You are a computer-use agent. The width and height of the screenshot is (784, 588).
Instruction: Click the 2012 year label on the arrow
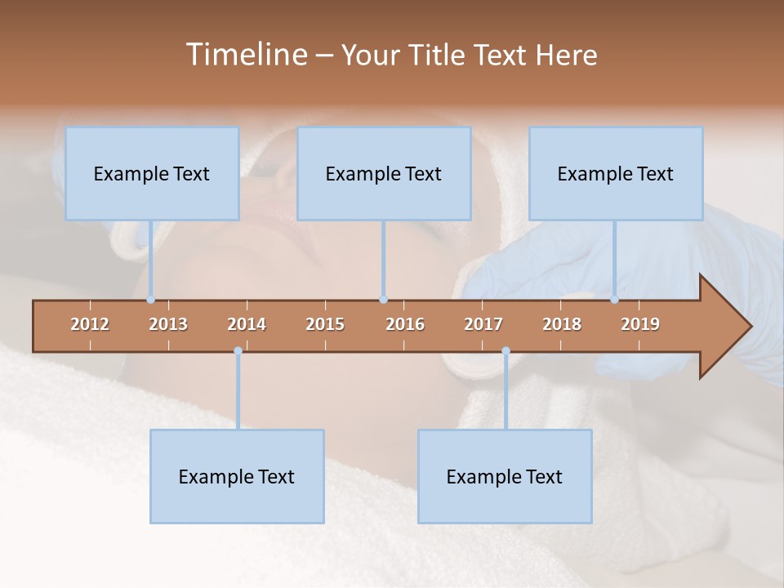click(90, 324)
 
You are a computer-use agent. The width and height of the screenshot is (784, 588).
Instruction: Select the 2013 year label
click(168, 324)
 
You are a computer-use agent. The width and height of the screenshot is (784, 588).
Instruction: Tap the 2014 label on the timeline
click(247, 324)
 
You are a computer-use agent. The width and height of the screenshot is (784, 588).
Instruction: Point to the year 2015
click(325, 324)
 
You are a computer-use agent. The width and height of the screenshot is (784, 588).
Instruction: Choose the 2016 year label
click(405, 324)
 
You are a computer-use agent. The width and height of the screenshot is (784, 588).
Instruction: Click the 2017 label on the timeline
click(483, 324)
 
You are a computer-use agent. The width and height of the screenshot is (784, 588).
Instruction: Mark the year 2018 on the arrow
click(562, 324)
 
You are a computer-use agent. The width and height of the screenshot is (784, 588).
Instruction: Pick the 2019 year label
click(640, 324)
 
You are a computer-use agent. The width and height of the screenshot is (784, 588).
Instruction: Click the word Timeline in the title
click(244, 55)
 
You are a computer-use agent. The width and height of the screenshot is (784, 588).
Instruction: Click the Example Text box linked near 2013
click(152, 173)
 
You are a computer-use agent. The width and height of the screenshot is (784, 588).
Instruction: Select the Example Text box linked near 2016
click(384, 173)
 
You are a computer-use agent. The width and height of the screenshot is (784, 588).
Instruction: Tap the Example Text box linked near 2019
click(616, 173)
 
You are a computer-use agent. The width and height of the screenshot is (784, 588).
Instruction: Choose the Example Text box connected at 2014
click(237, 476)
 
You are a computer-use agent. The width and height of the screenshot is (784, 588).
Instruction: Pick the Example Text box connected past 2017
click(505, 476)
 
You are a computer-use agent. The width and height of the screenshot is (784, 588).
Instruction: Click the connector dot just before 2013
click(151, 300)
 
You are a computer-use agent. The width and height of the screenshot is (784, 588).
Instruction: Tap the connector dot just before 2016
click(384, 300)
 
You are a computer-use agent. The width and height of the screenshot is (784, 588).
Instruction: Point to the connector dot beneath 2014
click(238, 351)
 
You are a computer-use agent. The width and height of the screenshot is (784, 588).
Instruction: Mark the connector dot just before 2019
click(615, 300)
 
